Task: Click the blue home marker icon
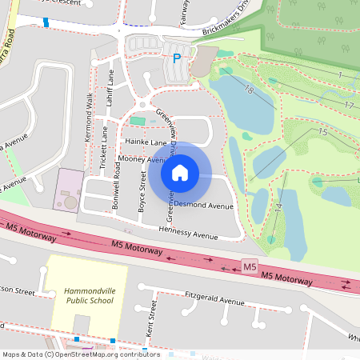[x=180, y=172]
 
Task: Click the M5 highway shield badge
[x=250, y=266]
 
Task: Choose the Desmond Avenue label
[x=204, y=206]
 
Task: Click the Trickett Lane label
[x=105, y=149]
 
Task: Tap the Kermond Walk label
[x=89, y=129]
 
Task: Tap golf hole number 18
[x=249, y=90]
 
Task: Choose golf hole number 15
[x=322, y=132]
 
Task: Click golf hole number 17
[x=349, y=105]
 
